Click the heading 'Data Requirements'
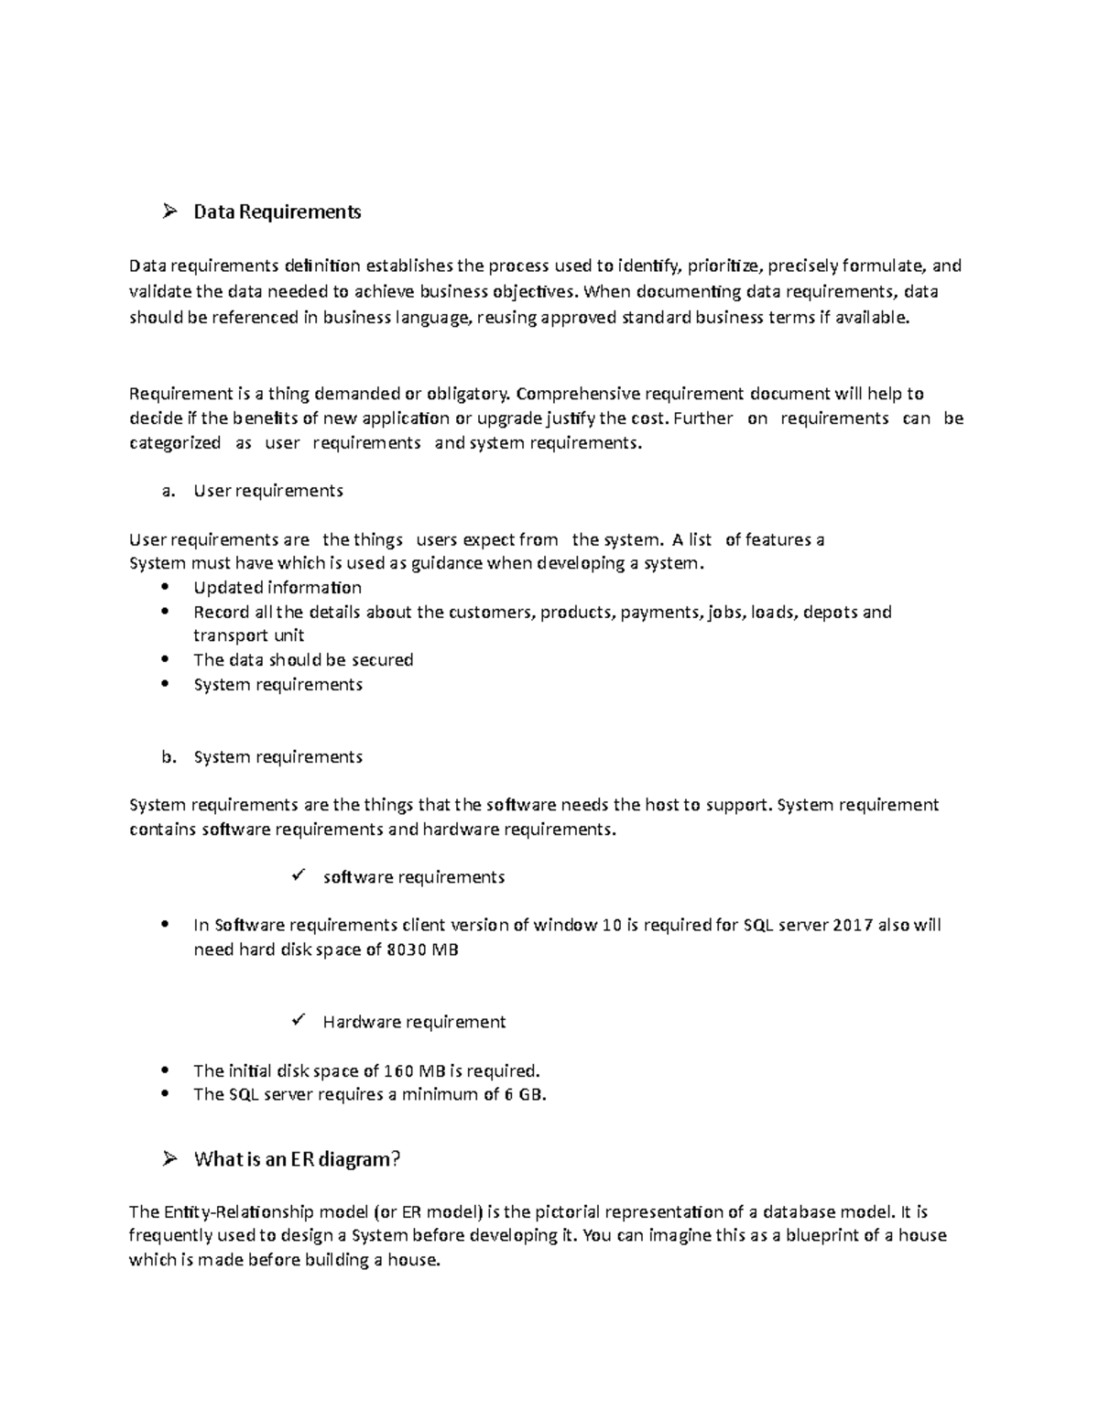pyautogui.click(x=277, y=212)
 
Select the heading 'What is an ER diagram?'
pyautogui.click(x=298, y=1160)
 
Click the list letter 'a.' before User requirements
pyautogui.click(x=167, y=491)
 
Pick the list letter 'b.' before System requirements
pyautogui.click(x=168, y=757)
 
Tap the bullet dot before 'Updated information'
pyautogui.click(x=165, y=587)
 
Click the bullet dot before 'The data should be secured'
pyautogui.click(x=165, y=659)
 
